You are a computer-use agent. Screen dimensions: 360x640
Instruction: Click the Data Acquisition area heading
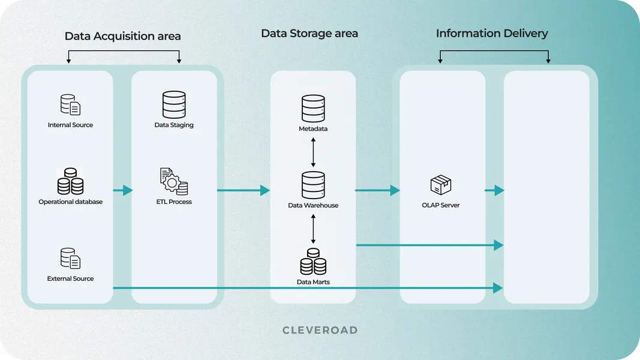tap(122, 36)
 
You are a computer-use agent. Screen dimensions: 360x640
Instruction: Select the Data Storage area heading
tap(309, 34)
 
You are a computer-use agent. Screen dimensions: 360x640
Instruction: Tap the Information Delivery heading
tap(492, 34)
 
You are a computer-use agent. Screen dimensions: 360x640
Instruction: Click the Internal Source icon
tap(70, 105)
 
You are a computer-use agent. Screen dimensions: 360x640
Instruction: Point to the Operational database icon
tap(70, 182)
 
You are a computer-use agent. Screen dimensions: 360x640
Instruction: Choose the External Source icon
tap(70, 259)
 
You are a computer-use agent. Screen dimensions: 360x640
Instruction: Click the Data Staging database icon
tap(174, 105)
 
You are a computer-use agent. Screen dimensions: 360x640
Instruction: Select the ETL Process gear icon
tap(174, 182)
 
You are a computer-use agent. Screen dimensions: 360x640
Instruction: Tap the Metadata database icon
tap(313, 109)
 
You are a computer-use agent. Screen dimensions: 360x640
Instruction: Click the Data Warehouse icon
tap(313, 185)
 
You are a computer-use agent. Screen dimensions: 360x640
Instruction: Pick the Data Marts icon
tap(313, 262)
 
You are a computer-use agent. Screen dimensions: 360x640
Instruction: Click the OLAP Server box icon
tap(441, 185)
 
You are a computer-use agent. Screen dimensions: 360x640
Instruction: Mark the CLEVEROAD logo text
tap(320, 330)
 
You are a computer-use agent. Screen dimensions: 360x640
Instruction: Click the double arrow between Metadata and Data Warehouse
tap(313, 152)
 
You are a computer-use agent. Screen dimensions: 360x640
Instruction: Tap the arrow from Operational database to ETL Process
tap(123, 190)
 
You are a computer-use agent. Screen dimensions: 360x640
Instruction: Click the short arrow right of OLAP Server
tap(494, 190)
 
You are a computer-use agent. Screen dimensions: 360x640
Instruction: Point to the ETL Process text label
tap(174, 202)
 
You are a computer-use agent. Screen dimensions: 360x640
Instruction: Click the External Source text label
tap(70, 279)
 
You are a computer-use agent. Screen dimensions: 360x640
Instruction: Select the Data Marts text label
tap(313, 282)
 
